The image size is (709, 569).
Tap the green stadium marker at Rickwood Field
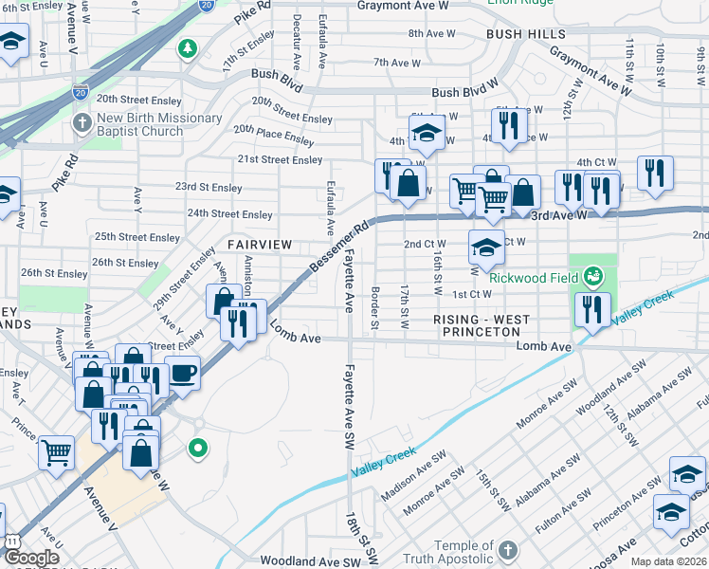594,277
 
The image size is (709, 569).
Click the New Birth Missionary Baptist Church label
159,125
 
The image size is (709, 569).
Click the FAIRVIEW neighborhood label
260,245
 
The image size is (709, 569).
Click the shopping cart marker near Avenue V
57,451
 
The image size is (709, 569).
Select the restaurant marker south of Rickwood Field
591,309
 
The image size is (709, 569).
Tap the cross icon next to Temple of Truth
508,551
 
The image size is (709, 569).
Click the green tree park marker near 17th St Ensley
189,47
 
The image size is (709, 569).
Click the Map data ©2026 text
668,561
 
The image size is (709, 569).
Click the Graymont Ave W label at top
402,6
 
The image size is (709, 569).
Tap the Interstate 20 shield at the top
207,5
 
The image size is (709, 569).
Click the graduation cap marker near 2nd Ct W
485,248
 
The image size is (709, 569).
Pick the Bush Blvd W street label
464,93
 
